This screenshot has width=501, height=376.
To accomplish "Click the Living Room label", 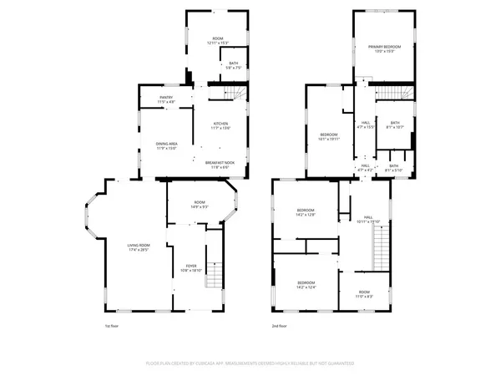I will [x=138, y=247].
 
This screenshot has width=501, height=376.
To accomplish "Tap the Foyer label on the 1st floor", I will [x=191, y=269].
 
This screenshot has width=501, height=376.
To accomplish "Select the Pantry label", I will [x=167, y=99].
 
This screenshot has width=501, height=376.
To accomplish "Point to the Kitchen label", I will [x=220, y=124].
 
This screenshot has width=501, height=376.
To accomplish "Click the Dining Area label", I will [x=167, y=145].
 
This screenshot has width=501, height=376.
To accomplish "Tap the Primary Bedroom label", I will [x=384, y=49].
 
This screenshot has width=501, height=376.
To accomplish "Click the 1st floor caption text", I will [x=113, y=326].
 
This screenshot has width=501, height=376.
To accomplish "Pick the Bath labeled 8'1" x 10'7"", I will [x=394, y=125].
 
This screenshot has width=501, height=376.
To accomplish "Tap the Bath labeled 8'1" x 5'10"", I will [x=394, y=167].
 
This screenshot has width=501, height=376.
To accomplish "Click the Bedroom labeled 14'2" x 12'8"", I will [x=306, y=212].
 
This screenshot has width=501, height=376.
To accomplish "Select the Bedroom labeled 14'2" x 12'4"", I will [x=306, y=285].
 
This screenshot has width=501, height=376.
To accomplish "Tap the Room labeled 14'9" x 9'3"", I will [x=200, y=204].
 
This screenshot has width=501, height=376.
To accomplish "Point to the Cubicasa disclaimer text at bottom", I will [x=250, y=363].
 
